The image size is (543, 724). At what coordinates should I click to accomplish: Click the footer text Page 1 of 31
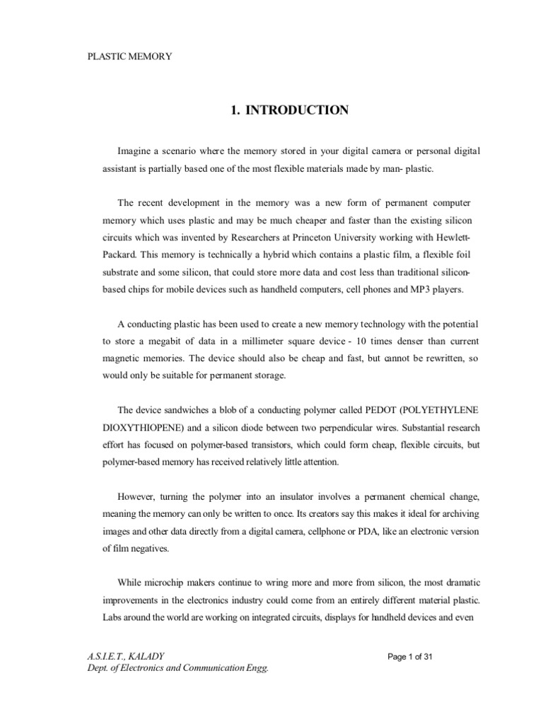point(410,656)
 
